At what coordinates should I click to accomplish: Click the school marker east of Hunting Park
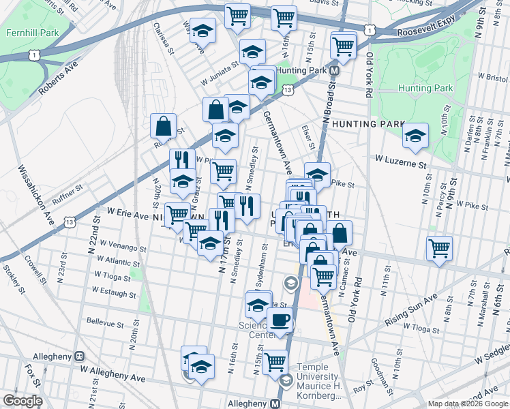[415, 135]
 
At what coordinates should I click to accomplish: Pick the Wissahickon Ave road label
[36, 194]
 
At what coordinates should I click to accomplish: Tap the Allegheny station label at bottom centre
[250, 404]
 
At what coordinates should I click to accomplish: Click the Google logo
[22, 401]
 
